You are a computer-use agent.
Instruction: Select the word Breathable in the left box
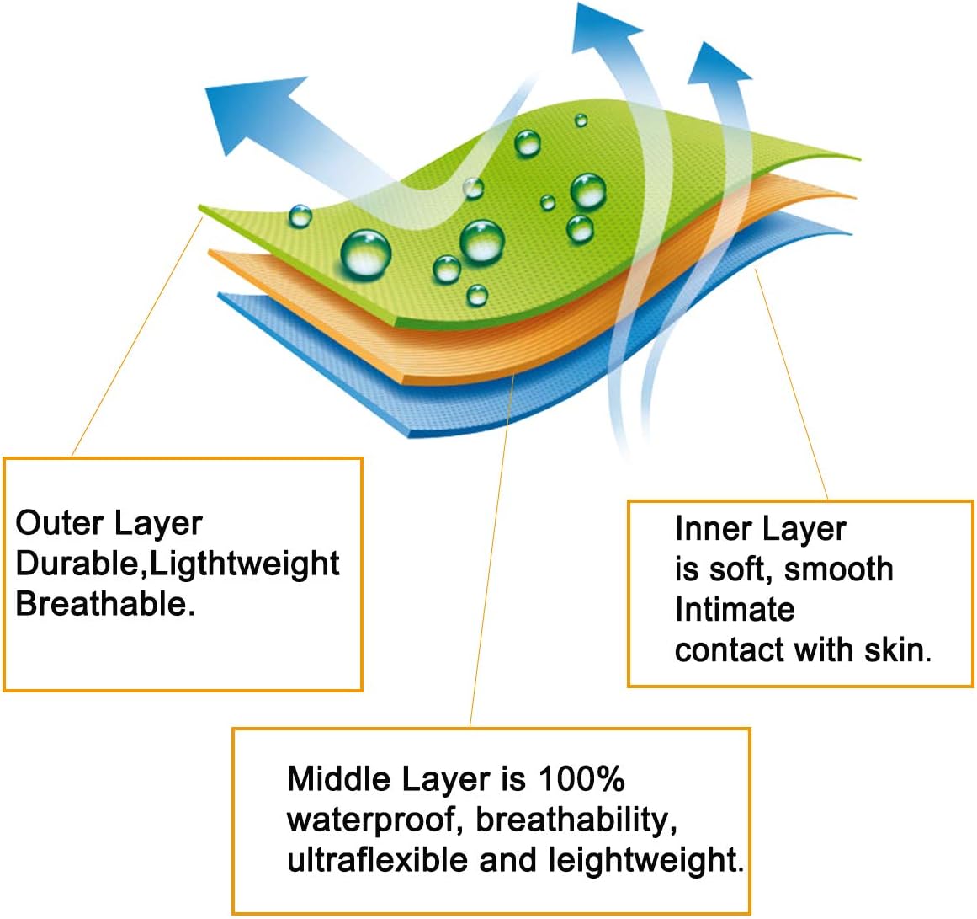tap(100, 604)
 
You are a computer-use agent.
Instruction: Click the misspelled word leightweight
tap(641, 860)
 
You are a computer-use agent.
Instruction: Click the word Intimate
tap(735, 609)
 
